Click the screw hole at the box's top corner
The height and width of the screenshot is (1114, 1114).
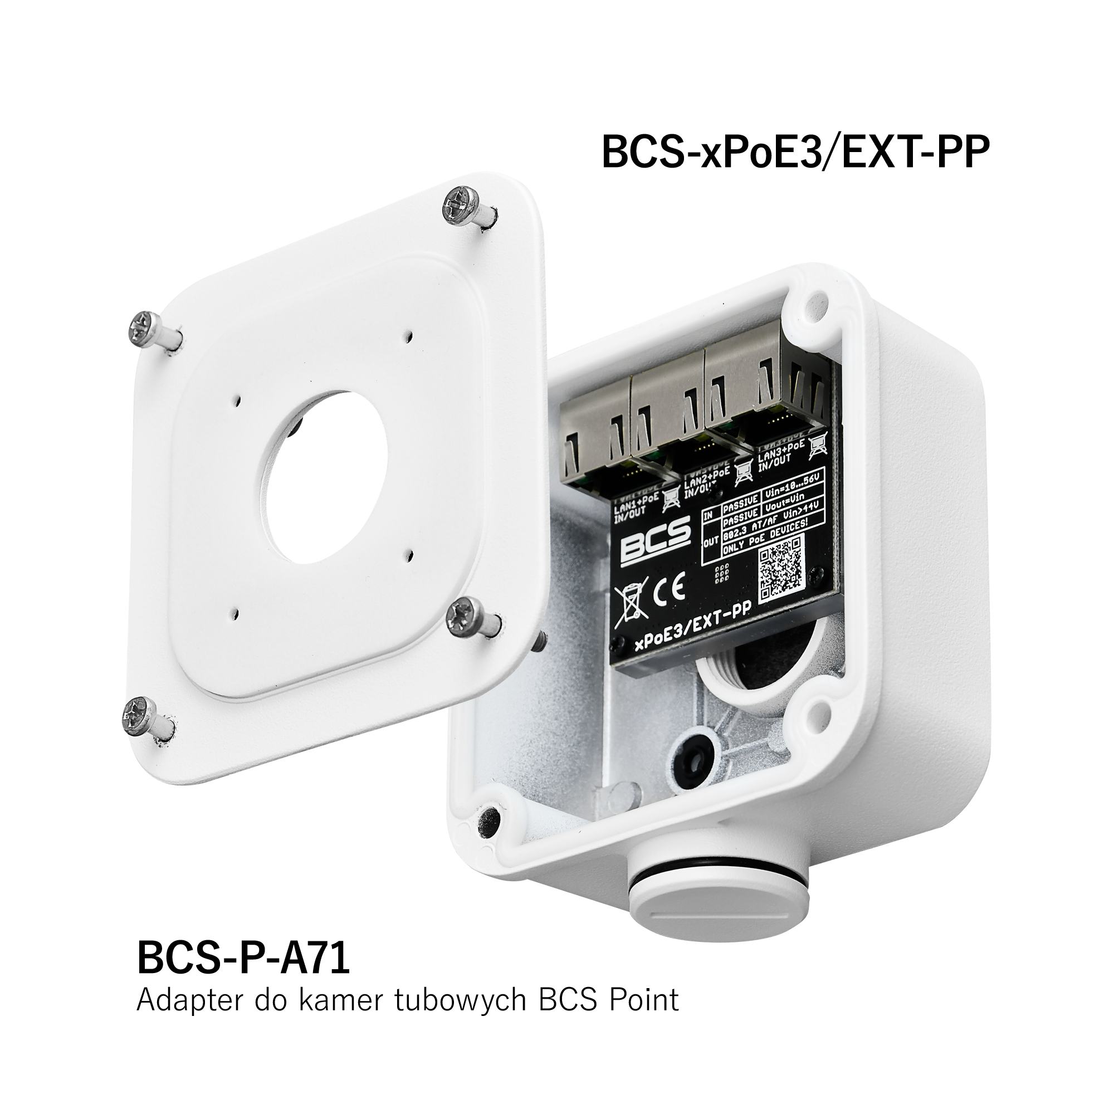click(x=814, y=301)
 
